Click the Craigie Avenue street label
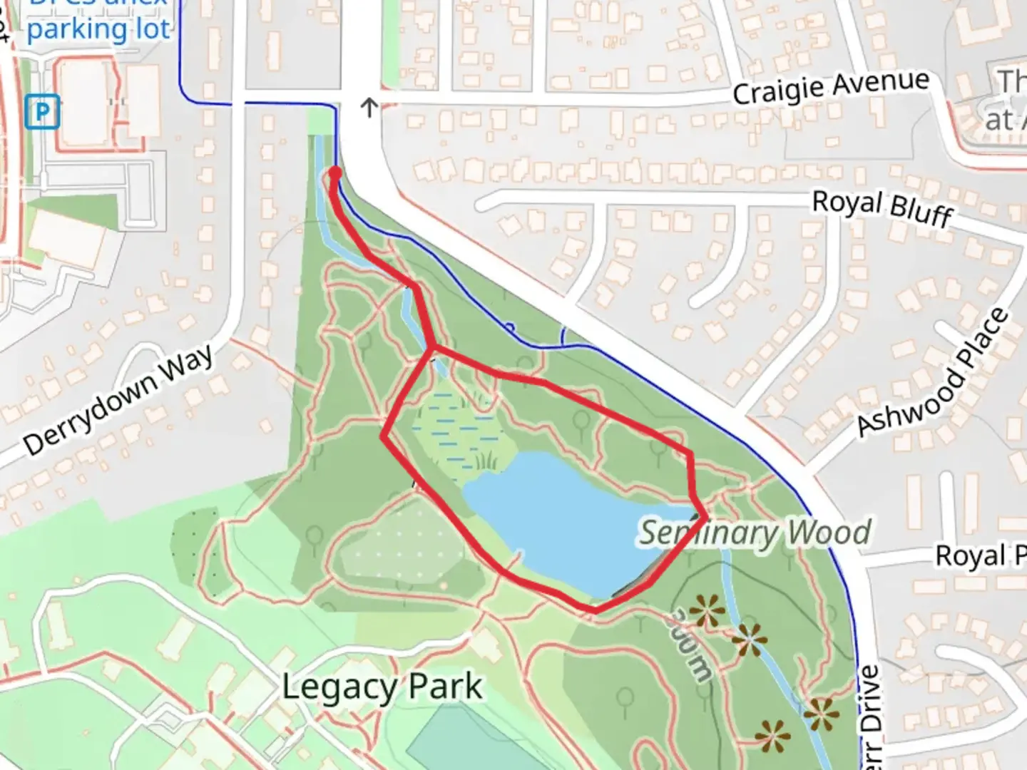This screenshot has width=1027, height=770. pyautogui.click(x=831, y=88)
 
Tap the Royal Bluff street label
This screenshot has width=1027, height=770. pyautogui.click(x=882, y=207)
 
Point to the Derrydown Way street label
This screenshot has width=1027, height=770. pyautogui.click(x=118, y=400)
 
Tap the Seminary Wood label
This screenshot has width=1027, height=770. pyautogui.click(x=755, y=533)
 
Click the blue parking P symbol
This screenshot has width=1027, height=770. pyautogui.click(x=42, y=113)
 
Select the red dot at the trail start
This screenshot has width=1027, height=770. pyautogui.click(x=334, y=173)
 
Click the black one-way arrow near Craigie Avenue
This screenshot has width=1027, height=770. pyautogui.click(x=369, y=108)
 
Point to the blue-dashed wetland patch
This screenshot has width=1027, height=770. pyautogui.click(x=456, y=428)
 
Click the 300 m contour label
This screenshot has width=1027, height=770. pyautogui.click(x=690, y=646)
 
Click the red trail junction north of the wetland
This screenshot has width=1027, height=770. pyautogui.click(x=431, y=348)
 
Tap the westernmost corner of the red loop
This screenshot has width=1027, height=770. pyautogui.click(x=384, y=437)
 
